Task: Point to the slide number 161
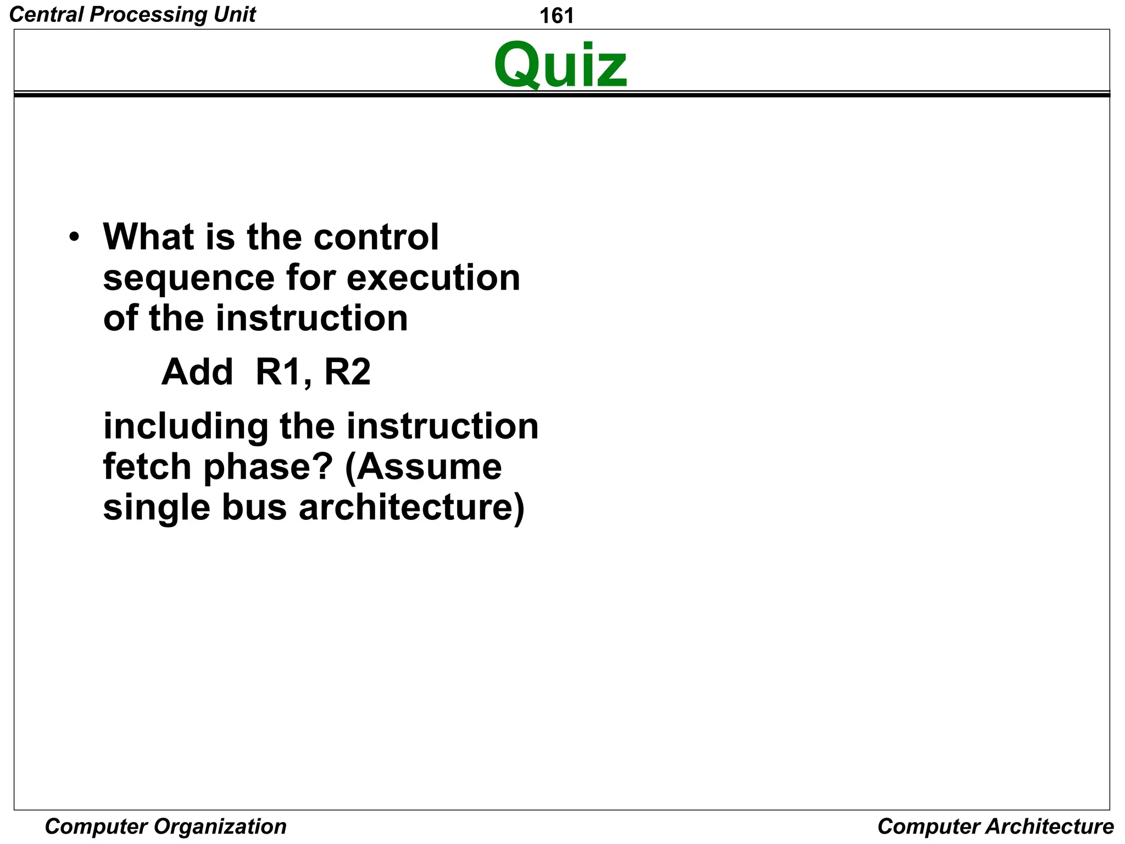coord(556,16)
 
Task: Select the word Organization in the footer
coord(220,826)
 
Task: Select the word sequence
coord(188,278)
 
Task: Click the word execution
coord(433,278)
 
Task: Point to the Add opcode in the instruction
coord(197,372)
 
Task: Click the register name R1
coord(279,372)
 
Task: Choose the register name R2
coord(347,372)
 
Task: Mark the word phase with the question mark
coord(268,468)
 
